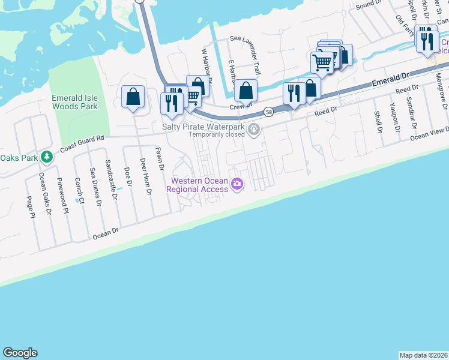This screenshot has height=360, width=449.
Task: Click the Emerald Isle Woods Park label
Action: tap(74, 102)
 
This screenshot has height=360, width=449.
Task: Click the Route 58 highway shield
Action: tap(269, 112)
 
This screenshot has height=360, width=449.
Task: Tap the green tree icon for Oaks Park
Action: tap(46, 157)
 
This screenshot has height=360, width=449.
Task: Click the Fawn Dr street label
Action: tap(159, 159)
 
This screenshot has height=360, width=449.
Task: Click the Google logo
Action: tap(20, 353)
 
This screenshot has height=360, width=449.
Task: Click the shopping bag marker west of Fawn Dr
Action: tap(133, 97)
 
